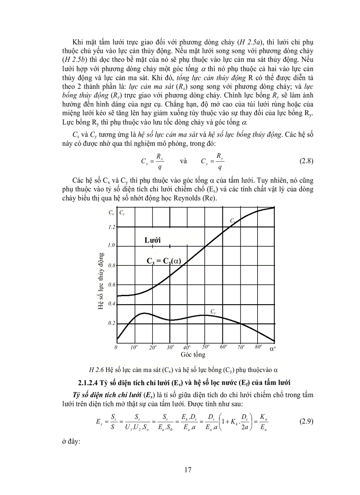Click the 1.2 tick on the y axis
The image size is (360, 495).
click(x=111, y=227)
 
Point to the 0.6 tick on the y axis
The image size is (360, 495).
click(x=111, y=285)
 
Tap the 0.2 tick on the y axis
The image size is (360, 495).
click(x=111, y=323)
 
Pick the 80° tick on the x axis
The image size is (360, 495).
click(x=259, y=347)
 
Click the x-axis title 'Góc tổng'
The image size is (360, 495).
click(x=193, y=354)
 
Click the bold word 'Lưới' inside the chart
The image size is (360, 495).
click(x=152, y=240)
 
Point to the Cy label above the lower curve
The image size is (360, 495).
click(x=213, y=312)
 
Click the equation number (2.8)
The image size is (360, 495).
click(x=306, y=161)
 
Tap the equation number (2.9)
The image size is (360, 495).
click(x=306, y=421)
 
